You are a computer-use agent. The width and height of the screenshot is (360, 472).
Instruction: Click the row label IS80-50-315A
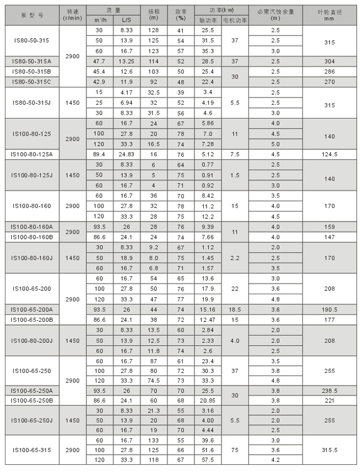pyautogui.click(x=32, y=61)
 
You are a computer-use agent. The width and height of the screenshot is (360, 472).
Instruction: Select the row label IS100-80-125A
pyautogui.click(x=32, y=154)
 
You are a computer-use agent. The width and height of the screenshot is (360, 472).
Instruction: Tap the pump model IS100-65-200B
pyautogui.click(x=32, y=319)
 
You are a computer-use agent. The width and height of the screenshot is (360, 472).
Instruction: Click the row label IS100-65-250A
pyautogui.click(x=32, y=391)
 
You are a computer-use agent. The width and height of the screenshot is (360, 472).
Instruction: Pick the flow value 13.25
pyautogui.click(x=127, y=61)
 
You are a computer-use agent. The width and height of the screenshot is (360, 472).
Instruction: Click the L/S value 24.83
pyautogui.click(x=127, y=154)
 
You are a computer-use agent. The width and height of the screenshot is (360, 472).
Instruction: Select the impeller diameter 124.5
pyautogui.click(x=329, y=154)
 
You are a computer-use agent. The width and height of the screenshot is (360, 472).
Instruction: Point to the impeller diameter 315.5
pyautogui.click(x=329, y=450)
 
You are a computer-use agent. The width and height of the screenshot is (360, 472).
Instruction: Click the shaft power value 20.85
pyautogui.click(x=208, y=400)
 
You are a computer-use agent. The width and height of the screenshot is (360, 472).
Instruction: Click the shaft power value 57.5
pyautogui.click(x=208, y=460)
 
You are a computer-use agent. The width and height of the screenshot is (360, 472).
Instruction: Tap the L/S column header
pyautogui.click(x=127, y=20)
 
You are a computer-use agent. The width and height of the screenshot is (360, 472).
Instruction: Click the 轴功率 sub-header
pyautogui.click(x=208, y=20)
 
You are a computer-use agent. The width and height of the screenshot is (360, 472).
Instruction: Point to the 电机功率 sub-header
pyautogui.click(x=235, y=20)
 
